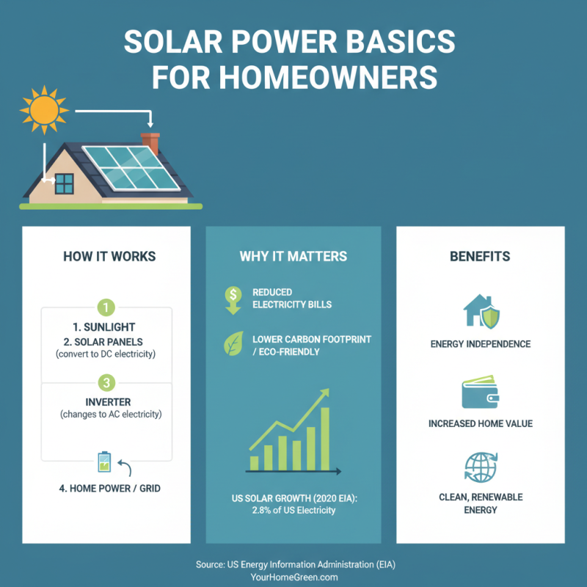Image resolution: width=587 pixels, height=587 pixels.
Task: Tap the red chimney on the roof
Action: [x=150, y=142]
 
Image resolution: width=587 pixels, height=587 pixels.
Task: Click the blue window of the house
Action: [x=65, y=183]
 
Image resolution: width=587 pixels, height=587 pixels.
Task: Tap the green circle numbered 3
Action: [x=106, y=382]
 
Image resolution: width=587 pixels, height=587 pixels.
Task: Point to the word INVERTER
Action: [x=106, y=401]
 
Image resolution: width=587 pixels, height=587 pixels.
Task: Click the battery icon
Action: [x=104, y=462]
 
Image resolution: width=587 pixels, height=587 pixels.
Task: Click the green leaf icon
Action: [x=233, y=343]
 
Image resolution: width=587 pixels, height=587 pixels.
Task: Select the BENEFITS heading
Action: [x=481, y=257]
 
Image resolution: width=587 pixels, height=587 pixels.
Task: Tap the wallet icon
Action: [x=481, y=393]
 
